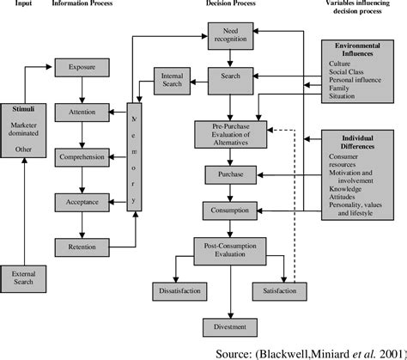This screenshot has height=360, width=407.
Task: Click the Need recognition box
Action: point(232,35)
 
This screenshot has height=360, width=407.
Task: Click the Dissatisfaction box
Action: point(178,291)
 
